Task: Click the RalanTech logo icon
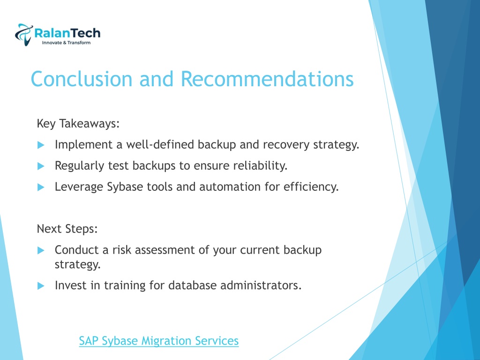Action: click(x=23, y=35)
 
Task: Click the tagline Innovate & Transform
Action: click(x=66, y=43)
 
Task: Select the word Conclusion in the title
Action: click(x=82, y=79)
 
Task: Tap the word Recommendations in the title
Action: click(x=267, y=79)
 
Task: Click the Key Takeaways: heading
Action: click(x=78, y=124)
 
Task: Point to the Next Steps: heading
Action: click(x=67, y=229)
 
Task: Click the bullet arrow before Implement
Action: click(x=41, y=145)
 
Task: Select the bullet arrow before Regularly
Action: click(x=41, y=166)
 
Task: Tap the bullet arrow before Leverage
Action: click(x=41, y=187)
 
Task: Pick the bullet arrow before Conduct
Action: click(x=41, y=250)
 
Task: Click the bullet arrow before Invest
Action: click(x=41, y=285)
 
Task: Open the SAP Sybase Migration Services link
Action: click(x=158, y=341)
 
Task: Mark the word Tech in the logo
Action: click(x=86, y=33)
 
